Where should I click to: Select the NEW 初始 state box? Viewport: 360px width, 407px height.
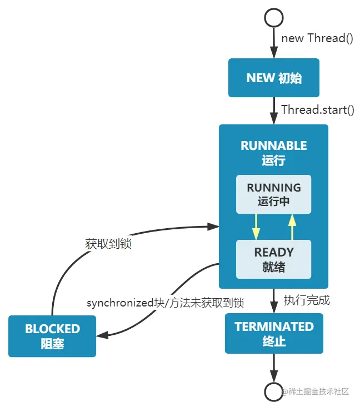[273, 78]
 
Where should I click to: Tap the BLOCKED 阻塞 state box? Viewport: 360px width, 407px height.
[52, 336]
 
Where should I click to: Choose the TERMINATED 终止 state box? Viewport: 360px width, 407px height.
[273, 333]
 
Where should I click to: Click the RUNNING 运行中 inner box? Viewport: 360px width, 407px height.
[273, 194]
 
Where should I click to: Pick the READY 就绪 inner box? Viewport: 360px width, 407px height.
[273, 259]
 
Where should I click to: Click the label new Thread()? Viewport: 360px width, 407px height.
[317, 38]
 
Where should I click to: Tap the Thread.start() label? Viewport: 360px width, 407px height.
[318, 109]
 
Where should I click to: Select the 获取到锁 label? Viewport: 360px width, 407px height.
[108, 244]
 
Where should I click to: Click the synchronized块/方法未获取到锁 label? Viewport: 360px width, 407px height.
[165, 303]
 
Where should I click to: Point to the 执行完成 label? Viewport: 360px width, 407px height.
[307, 300]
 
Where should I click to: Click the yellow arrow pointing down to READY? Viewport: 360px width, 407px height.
[256, 227]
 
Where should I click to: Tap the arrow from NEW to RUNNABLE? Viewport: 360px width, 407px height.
[273, 110]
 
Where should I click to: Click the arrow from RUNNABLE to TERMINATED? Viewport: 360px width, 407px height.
[273, 301]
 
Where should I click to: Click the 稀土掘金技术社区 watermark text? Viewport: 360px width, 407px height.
[318, 391]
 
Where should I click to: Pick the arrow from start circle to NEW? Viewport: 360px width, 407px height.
[273, 42]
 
